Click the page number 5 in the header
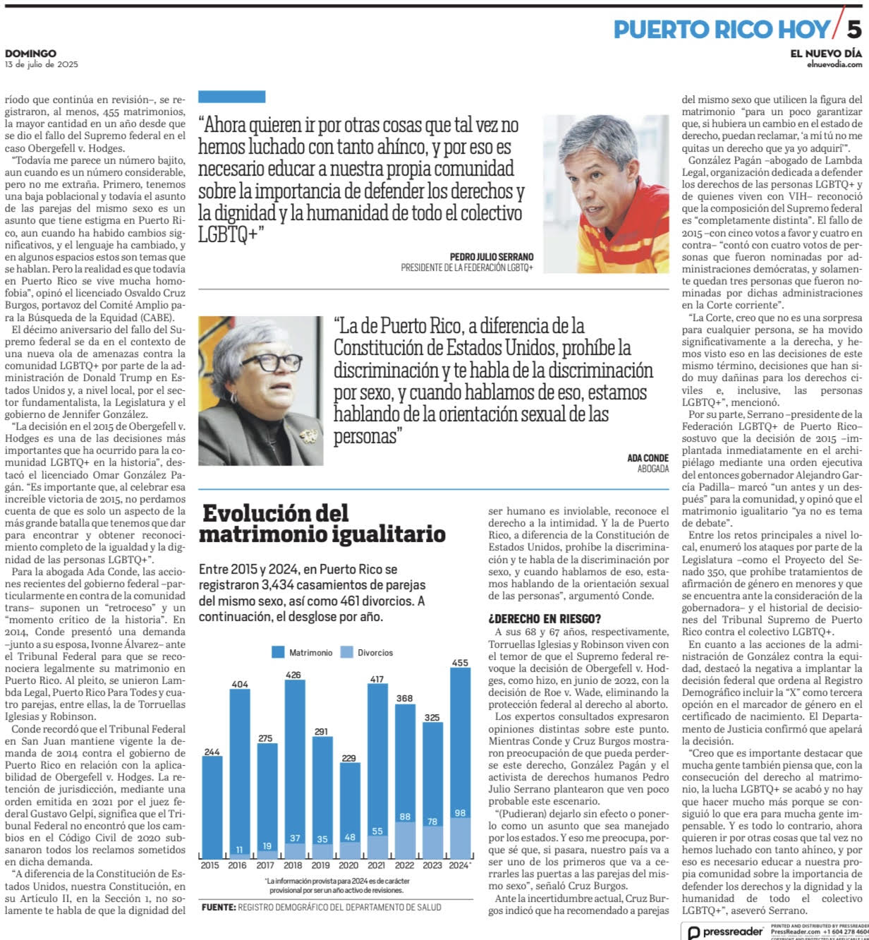(853, 29)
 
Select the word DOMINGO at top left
(30, 54)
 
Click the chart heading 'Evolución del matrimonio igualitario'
(322, 523)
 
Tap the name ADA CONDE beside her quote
(648, 458)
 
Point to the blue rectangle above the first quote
(231, 97)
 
